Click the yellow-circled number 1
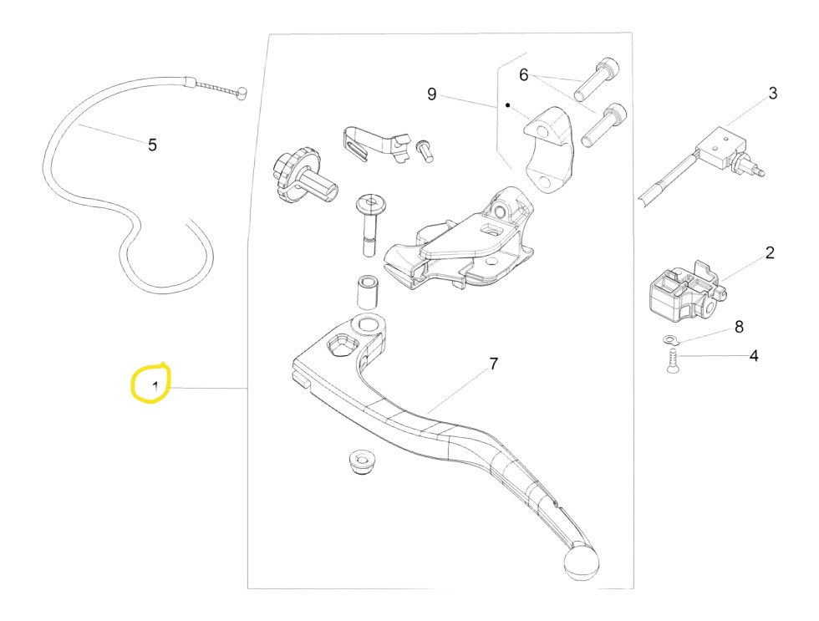(155, 387)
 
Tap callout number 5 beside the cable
(152, 145)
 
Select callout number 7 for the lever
(494, 364)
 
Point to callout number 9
(431, 94)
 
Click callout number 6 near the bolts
(524, 74)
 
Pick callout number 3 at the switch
(773, 94)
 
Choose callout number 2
(770, 252)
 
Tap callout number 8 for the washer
(739, 327)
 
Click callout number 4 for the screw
(754, 356)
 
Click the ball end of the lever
(581, 562)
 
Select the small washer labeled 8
(670, 340)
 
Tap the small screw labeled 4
(673, 361)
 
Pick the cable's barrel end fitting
(242, 94)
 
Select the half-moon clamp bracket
(549, 150)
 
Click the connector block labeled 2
(687, 292)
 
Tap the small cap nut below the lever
(360, 461)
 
